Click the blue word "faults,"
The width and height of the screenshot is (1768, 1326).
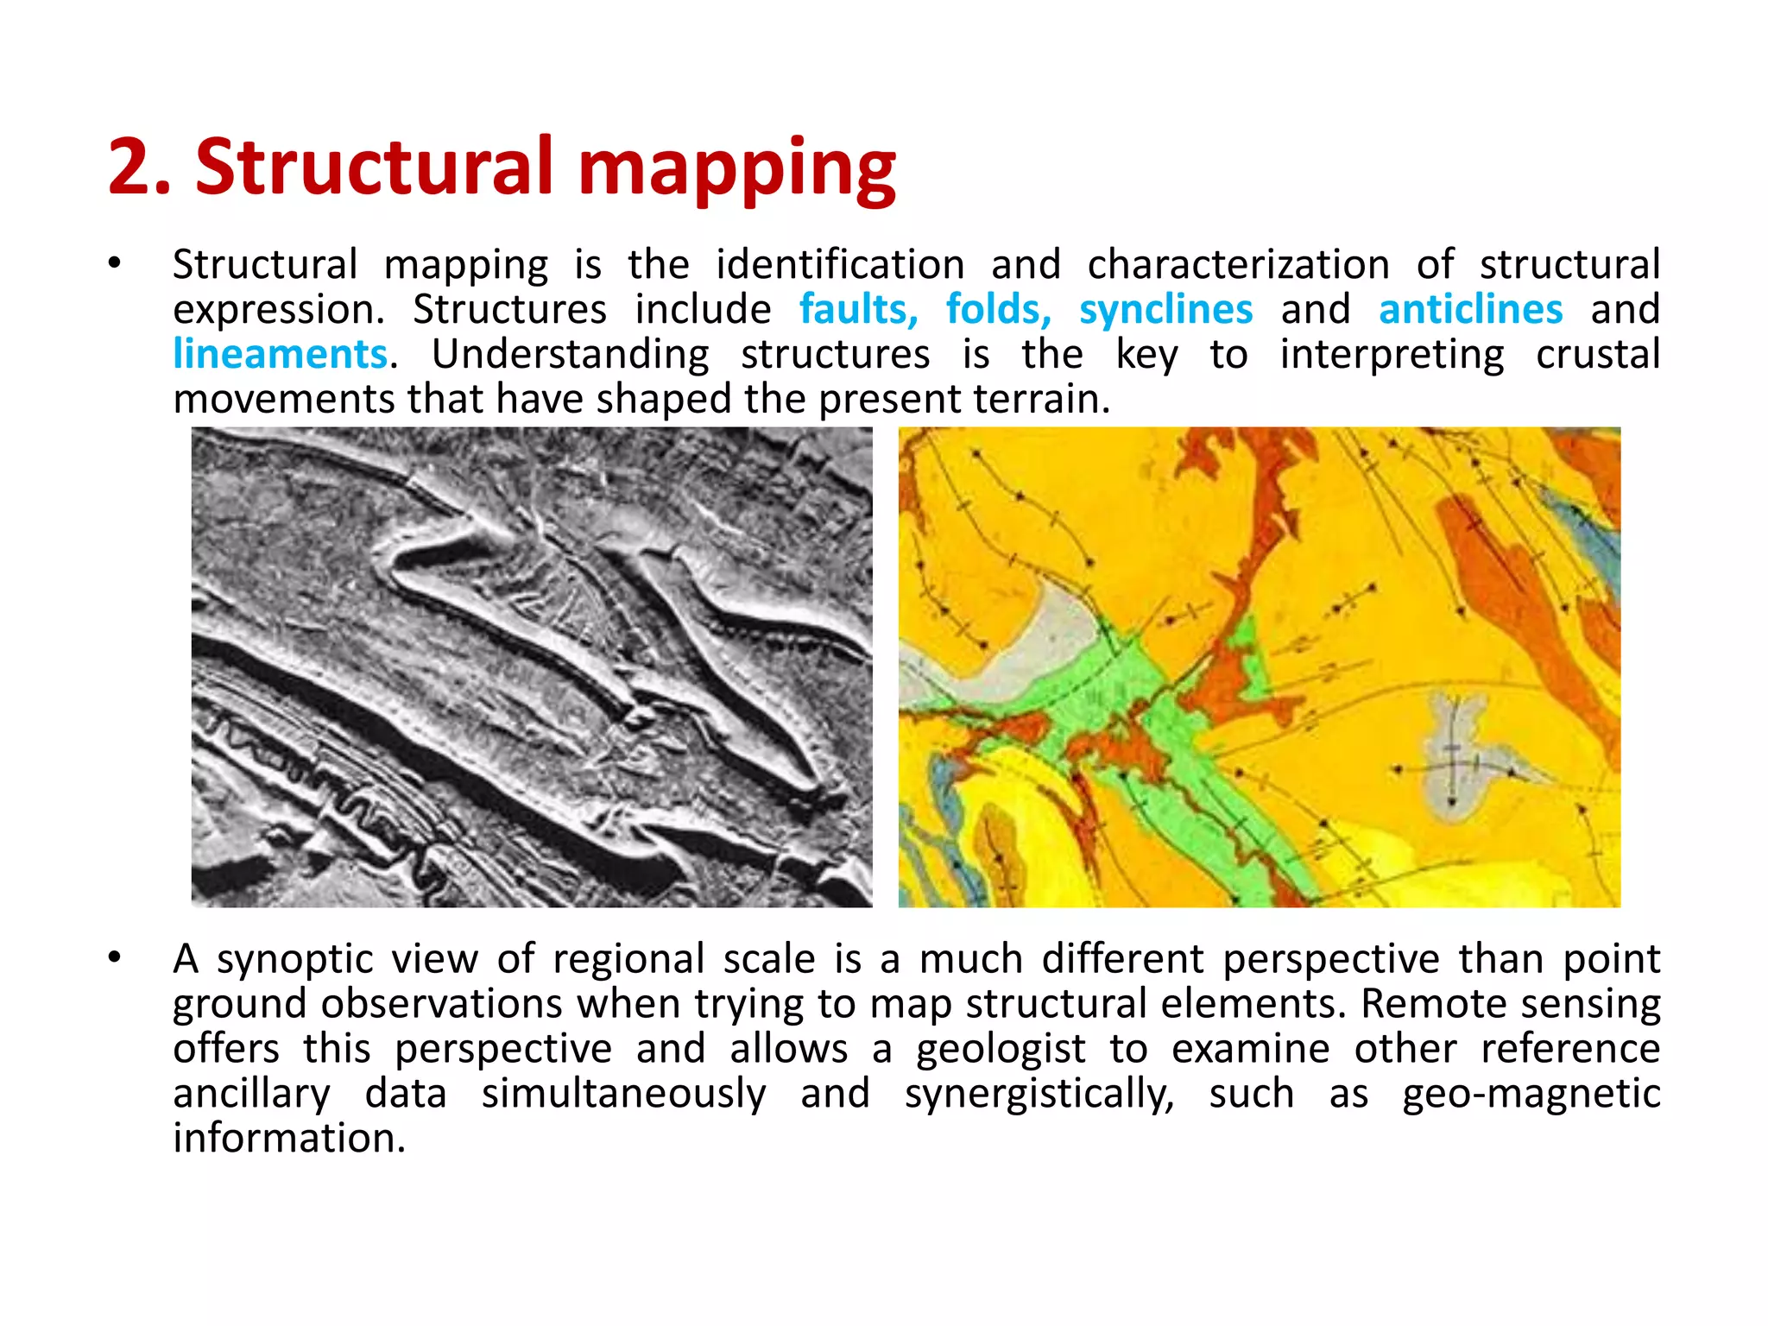click(x=858, y=309)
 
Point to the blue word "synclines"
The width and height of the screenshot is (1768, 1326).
click(x=1165, y=309)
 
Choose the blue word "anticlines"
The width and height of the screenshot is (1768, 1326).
click(x=1470, y=309)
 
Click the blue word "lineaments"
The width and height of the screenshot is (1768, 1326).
click(x=280, y=354)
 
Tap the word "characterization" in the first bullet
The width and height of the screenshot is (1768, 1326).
click(x=1238, y=264)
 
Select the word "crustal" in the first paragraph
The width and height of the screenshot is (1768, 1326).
click(x=1597, y=354)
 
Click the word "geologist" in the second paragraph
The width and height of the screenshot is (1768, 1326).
click(x=1000, y=1050)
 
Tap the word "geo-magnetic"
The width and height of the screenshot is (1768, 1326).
click(x=1531, y=1094)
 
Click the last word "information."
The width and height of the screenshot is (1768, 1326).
click(x=289, y=1138)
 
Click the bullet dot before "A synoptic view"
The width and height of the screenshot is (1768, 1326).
click(x=114, y=957)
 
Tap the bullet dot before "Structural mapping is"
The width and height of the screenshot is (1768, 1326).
click(x=114, y=263)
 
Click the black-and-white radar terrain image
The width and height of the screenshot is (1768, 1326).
click(x=531, y=666)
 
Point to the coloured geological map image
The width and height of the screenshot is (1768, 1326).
click(x=1259, y=666)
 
